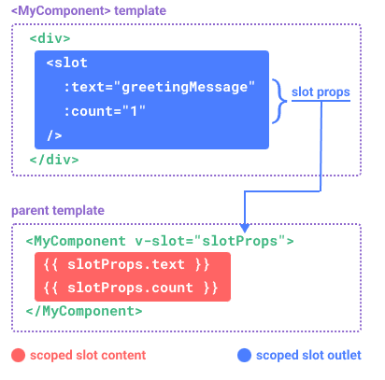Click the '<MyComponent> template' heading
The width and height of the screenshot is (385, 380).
(x=89, y=11)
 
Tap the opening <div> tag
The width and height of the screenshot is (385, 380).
(x=50, y=38)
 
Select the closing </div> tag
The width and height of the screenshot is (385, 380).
(x=54, y=160)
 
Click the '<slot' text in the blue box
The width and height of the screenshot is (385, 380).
(x=67, y=63)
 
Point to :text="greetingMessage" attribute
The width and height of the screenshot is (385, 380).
(x=160, y=88)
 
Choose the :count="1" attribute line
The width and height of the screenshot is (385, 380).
(x=105, y=111)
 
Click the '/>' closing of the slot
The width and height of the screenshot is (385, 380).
(x=54, y=135)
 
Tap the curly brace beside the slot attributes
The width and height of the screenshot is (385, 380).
(x=279, y=101)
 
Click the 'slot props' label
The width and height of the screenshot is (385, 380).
(x=321, y=92)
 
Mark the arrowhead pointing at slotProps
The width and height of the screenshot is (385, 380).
(x=245, y=228)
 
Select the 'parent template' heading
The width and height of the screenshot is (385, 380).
(x=58, y=210)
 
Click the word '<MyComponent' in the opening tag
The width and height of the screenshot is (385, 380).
(x=76, y=241)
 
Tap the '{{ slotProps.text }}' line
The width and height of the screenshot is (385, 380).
(x=126, y=264)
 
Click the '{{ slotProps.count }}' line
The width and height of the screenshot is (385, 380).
(x=131, y=288)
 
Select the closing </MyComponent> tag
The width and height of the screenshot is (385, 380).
(x=84, y=311)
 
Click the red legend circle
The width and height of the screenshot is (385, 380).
(x=18, y=355)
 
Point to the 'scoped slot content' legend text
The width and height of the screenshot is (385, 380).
(x=88, y=355)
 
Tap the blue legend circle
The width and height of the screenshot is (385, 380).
(x=244, y=355)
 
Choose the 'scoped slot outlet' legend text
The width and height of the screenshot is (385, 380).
(x=308, y=355)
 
